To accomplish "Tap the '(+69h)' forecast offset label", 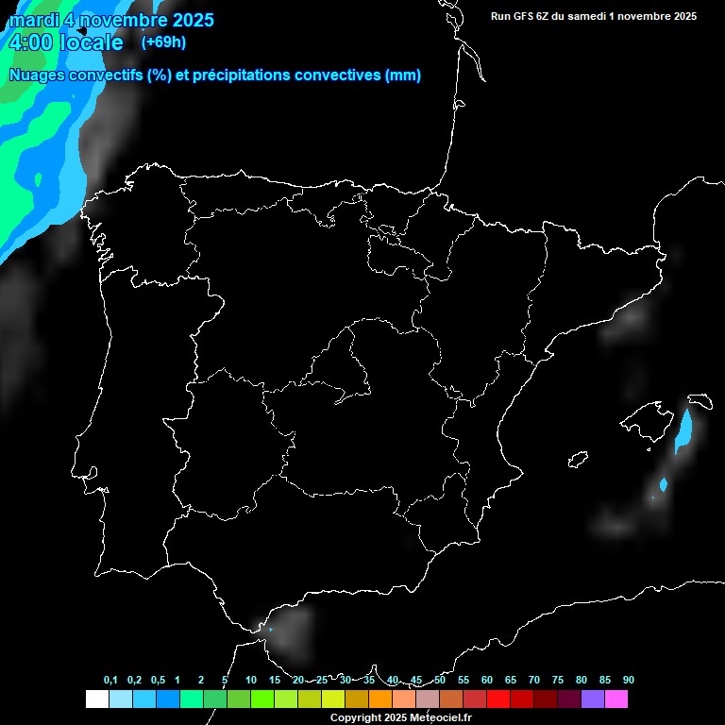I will pyautogui.click(x=163, y=42).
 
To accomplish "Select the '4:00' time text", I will pyautogui.click(x=29, y=42).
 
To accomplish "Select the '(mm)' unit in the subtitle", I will pyautogui.click(x=403, y=76).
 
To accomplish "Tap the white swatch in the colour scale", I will pyautogui.click(x=96, y=700).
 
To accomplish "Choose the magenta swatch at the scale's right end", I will pyautogui.click(x=616, y=700).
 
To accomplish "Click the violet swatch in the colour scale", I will pyautogui.click(x=593, y=700).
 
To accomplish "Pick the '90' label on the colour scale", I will pyautogui.click(x=628, y=681).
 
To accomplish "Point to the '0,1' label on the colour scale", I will pyautogui.click(x=110, y=681).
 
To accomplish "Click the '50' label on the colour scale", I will pyautogui.click(x=440, y=681).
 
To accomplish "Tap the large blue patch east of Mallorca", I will pyautogui.click(x=686, y=430).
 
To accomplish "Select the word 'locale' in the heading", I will pyautogui.click(x=91, y=42).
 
